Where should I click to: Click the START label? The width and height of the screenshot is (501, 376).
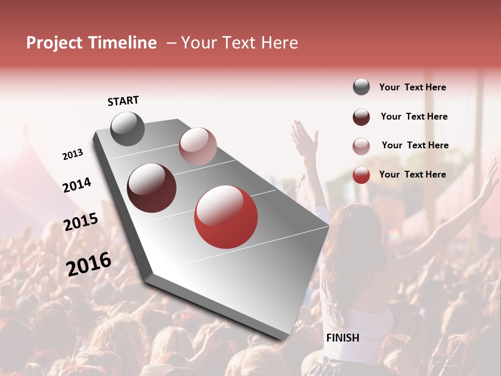click(123, 101)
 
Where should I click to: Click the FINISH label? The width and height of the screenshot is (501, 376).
click(342, 338)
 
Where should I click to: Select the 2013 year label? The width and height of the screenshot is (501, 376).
click(73, 155)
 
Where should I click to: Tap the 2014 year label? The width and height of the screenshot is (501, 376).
click(77, 185)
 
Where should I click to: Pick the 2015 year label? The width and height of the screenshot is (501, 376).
click(80, 222)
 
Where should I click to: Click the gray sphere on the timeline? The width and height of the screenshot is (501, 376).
click(127, 128)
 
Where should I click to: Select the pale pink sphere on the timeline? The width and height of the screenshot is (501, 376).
click(198, 146)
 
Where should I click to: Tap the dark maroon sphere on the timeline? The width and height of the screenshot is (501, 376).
click(151, 188)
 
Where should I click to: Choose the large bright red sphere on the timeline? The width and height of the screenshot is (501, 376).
click(226, 217)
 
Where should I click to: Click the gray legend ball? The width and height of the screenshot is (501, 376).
click(361, 87)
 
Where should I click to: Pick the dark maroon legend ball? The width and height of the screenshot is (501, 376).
click(361, 117)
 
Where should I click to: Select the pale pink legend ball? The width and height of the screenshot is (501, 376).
click(361, 146)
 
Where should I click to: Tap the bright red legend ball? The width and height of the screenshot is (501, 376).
click(361, 175)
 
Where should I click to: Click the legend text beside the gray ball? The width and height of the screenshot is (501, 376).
click(412, 87)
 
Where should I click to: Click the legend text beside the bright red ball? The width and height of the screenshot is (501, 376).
click(412, 174)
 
